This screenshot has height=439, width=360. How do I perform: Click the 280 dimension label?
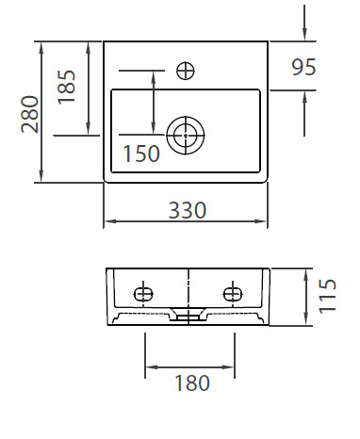[x=30, y=114]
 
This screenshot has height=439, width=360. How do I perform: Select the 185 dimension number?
[x=67, y=87]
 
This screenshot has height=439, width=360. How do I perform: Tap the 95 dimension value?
[x=303, y=67]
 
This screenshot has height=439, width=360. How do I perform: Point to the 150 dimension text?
[x=141, y=154]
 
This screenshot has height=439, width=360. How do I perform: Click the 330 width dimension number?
[x=188, y=210]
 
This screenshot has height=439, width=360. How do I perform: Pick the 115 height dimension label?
[x=327, y=296]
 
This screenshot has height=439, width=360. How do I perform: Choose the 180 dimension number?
[x=192, y=382]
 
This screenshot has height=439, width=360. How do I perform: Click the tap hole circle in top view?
[x=186, y=71]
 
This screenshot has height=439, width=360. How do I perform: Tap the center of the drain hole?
[x=186, y=136]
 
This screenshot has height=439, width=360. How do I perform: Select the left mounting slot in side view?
[x=143, y=294]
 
